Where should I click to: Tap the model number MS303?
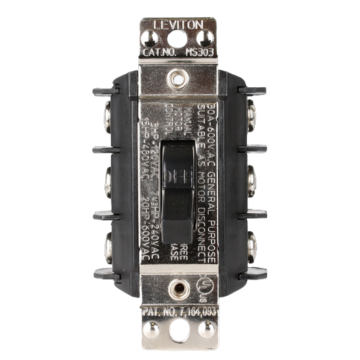pyautogui.click(x=199, y=52)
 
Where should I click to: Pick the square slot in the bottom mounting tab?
pyautogui.click(x=179, y=336)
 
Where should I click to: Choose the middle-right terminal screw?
pyautogui.click(x=251, y=179)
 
